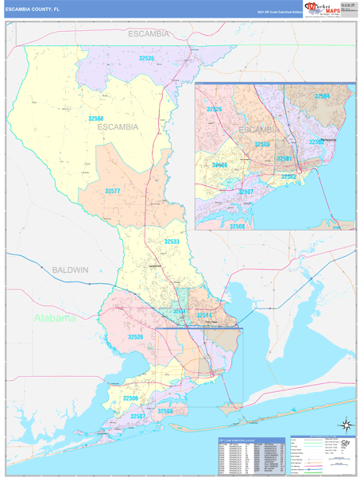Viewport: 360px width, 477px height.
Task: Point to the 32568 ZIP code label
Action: [95, 118]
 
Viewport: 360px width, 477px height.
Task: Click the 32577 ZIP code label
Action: [113, 191]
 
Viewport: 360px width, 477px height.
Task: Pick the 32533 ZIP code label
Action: [172, 241]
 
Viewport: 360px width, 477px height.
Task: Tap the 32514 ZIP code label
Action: [205, 316]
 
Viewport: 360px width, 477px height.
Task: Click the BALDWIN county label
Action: [71, 270]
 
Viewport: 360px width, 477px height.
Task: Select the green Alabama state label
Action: [55, 318]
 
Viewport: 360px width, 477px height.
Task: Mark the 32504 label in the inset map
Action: [322, 96]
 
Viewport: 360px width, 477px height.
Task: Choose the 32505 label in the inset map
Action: [261, 144]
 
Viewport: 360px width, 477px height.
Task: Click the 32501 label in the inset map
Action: [285, 158]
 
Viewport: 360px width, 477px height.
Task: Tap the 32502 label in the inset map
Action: [288, 176]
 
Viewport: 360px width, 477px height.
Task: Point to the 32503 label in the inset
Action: [315, 142]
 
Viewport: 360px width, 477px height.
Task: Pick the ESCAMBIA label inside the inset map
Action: [258, 129]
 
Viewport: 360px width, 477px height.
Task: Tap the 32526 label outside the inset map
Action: [136, 337]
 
